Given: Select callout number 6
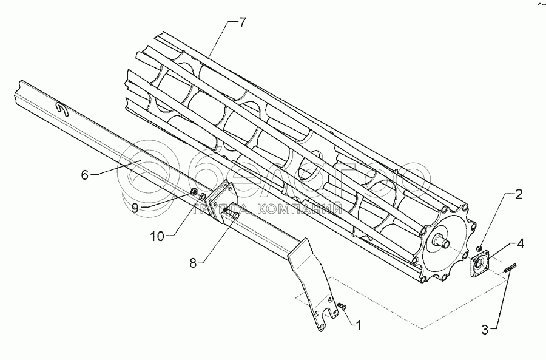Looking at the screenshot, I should (x=86, y=175).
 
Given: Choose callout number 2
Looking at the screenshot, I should (x=518, y=194).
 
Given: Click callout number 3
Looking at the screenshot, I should (x=485, y=330).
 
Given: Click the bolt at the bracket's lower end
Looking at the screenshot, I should (x=342, y=307).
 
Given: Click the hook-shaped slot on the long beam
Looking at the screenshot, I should (x=61, y=109).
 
